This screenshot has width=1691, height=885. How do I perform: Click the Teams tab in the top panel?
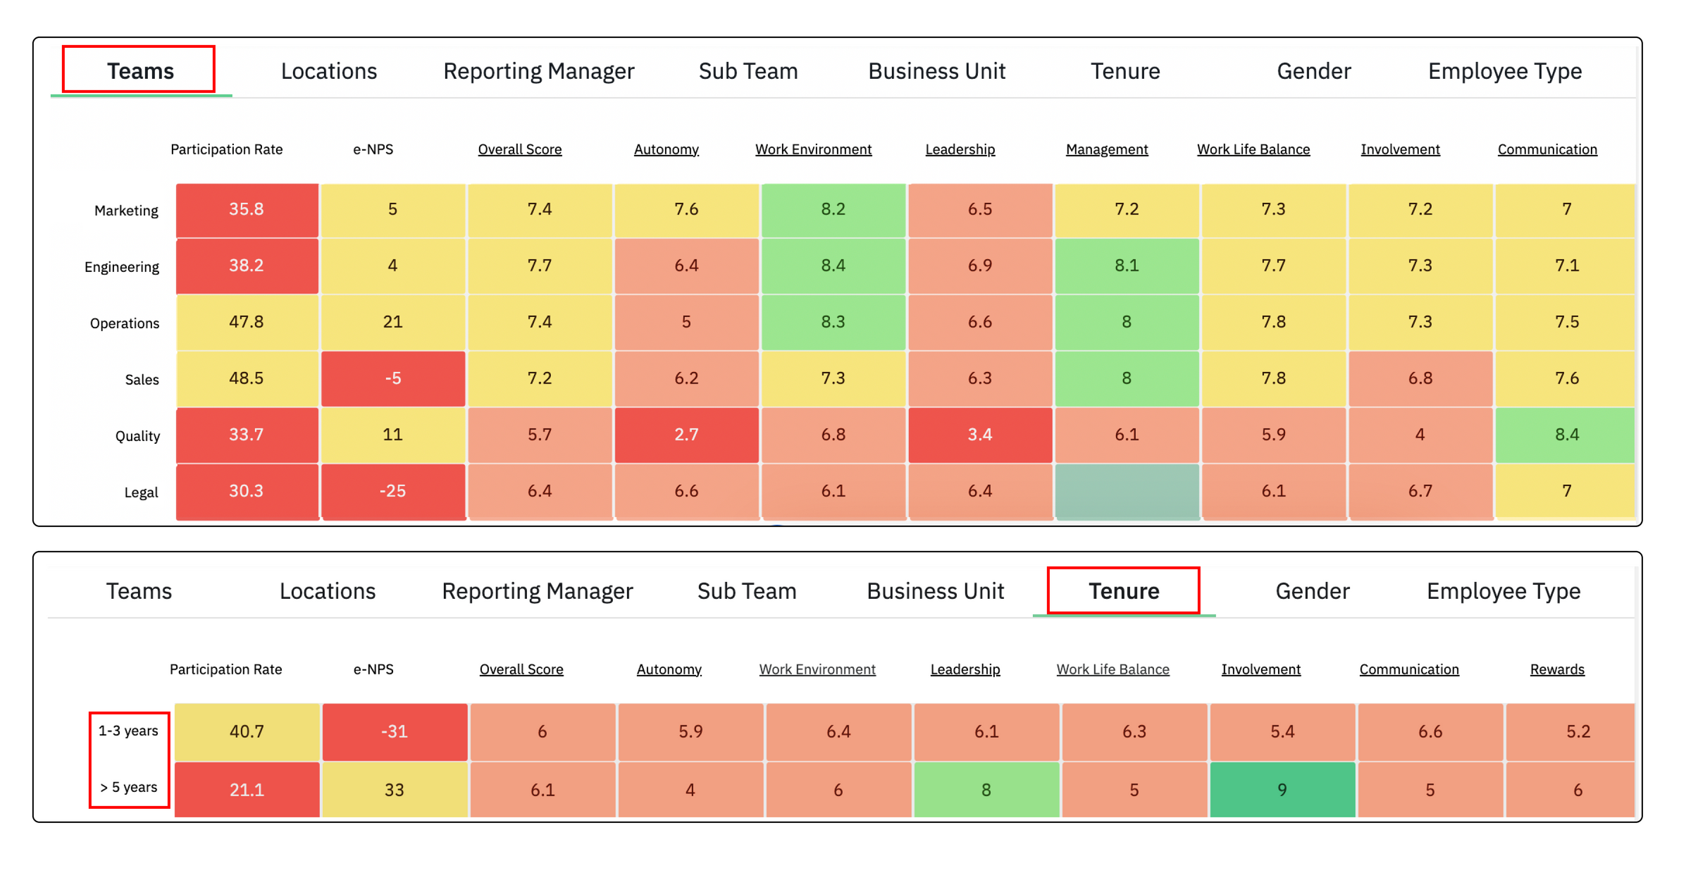click(140, 70)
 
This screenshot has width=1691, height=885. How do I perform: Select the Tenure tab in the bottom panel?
click(1123, 590)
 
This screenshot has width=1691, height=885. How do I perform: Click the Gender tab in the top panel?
click(1313, 70)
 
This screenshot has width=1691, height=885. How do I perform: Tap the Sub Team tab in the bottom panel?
click(746, 590)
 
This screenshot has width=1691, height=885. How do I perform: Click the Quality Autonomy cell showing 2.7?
click(686, 435)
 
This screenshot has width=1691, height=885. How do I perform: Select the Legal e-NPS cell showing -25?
click(392, 491)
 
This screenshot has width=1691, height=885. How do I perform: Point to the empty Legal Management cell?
click(1127, 491)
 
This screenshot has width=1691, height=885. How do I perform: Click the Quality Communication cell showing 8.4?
click(1566, 435)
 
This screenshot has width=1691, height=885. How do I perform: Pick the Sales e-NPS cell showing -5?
click(392, 378)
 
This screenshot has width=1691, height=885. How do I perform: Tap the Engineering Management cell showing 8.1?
click(1127, 266)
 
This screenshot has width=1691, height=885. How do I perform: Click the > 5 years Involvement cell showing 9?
click(1282, 790)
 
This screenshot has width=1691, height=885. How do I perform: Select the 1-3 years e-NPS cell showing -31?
click(394, 731)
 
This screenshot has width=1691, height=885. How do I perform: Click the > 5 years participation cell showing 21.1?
click(247, 790)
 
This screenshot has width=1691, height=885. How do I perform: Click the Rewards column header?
click(1556, 669)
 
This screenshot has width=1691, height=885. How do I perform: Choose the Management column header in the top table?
click(1106, 149)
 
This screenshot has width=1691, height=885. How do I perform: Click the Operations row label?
click(125, 323)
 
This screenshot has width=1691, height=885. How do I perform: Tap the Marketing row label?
click(126, 211)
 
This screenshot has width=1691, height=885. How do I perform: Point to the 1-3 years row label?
click(128, 731)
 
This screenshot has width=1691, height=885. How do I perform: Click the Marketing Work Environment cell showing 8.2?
click(833, 209)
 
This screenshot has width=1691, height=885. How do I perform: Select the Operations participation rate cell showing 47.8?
click(246, 322)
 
